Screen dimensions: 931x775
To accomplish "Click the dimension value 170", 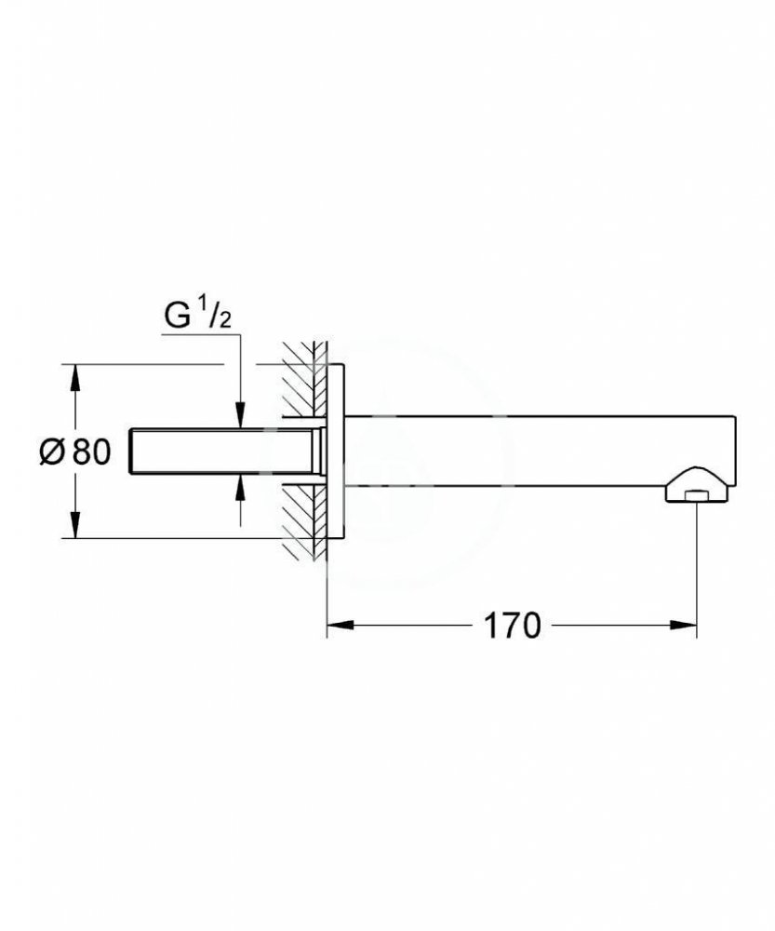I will coord(511,626).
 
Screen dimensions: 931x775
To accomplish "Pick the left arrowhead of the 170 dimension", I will coord(338,626).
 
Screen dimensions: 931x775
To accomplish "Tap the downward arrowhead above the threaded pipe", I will coord(240,418).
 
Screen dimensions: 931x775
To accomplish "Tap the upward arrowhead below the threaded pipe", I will coord(240,484).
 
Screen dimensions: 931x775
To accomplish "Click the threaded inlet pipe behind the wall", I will coord(223,452).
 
